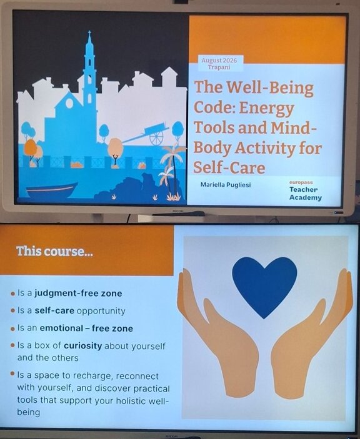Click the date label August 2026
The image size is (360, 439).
[x=219, y=61]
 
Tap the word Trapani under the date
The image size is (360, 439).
[x=219, y=67]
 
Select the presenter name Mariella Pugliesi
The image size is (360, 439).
[x=226, y=185]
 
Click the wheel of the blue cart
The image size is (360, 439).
[x=156, y=138]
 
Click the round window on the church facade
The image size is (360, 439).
[x=69, y=103]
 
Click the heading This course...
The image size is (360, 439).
[x=54, y=252]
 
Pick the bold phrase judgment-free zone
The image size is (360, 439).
[x=78, y=293]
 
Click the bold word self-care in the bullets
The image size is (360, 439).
[x=54, y=311]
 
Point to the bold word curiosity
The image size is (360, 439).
[x=82, y=346]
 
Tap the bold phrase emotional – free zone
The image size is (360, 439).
[x=86, y=328]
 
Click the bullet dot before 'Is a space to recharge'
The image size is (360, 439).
[x=12, y=373]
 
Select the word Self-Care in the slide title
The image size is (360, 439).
[x=229, y=168]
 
